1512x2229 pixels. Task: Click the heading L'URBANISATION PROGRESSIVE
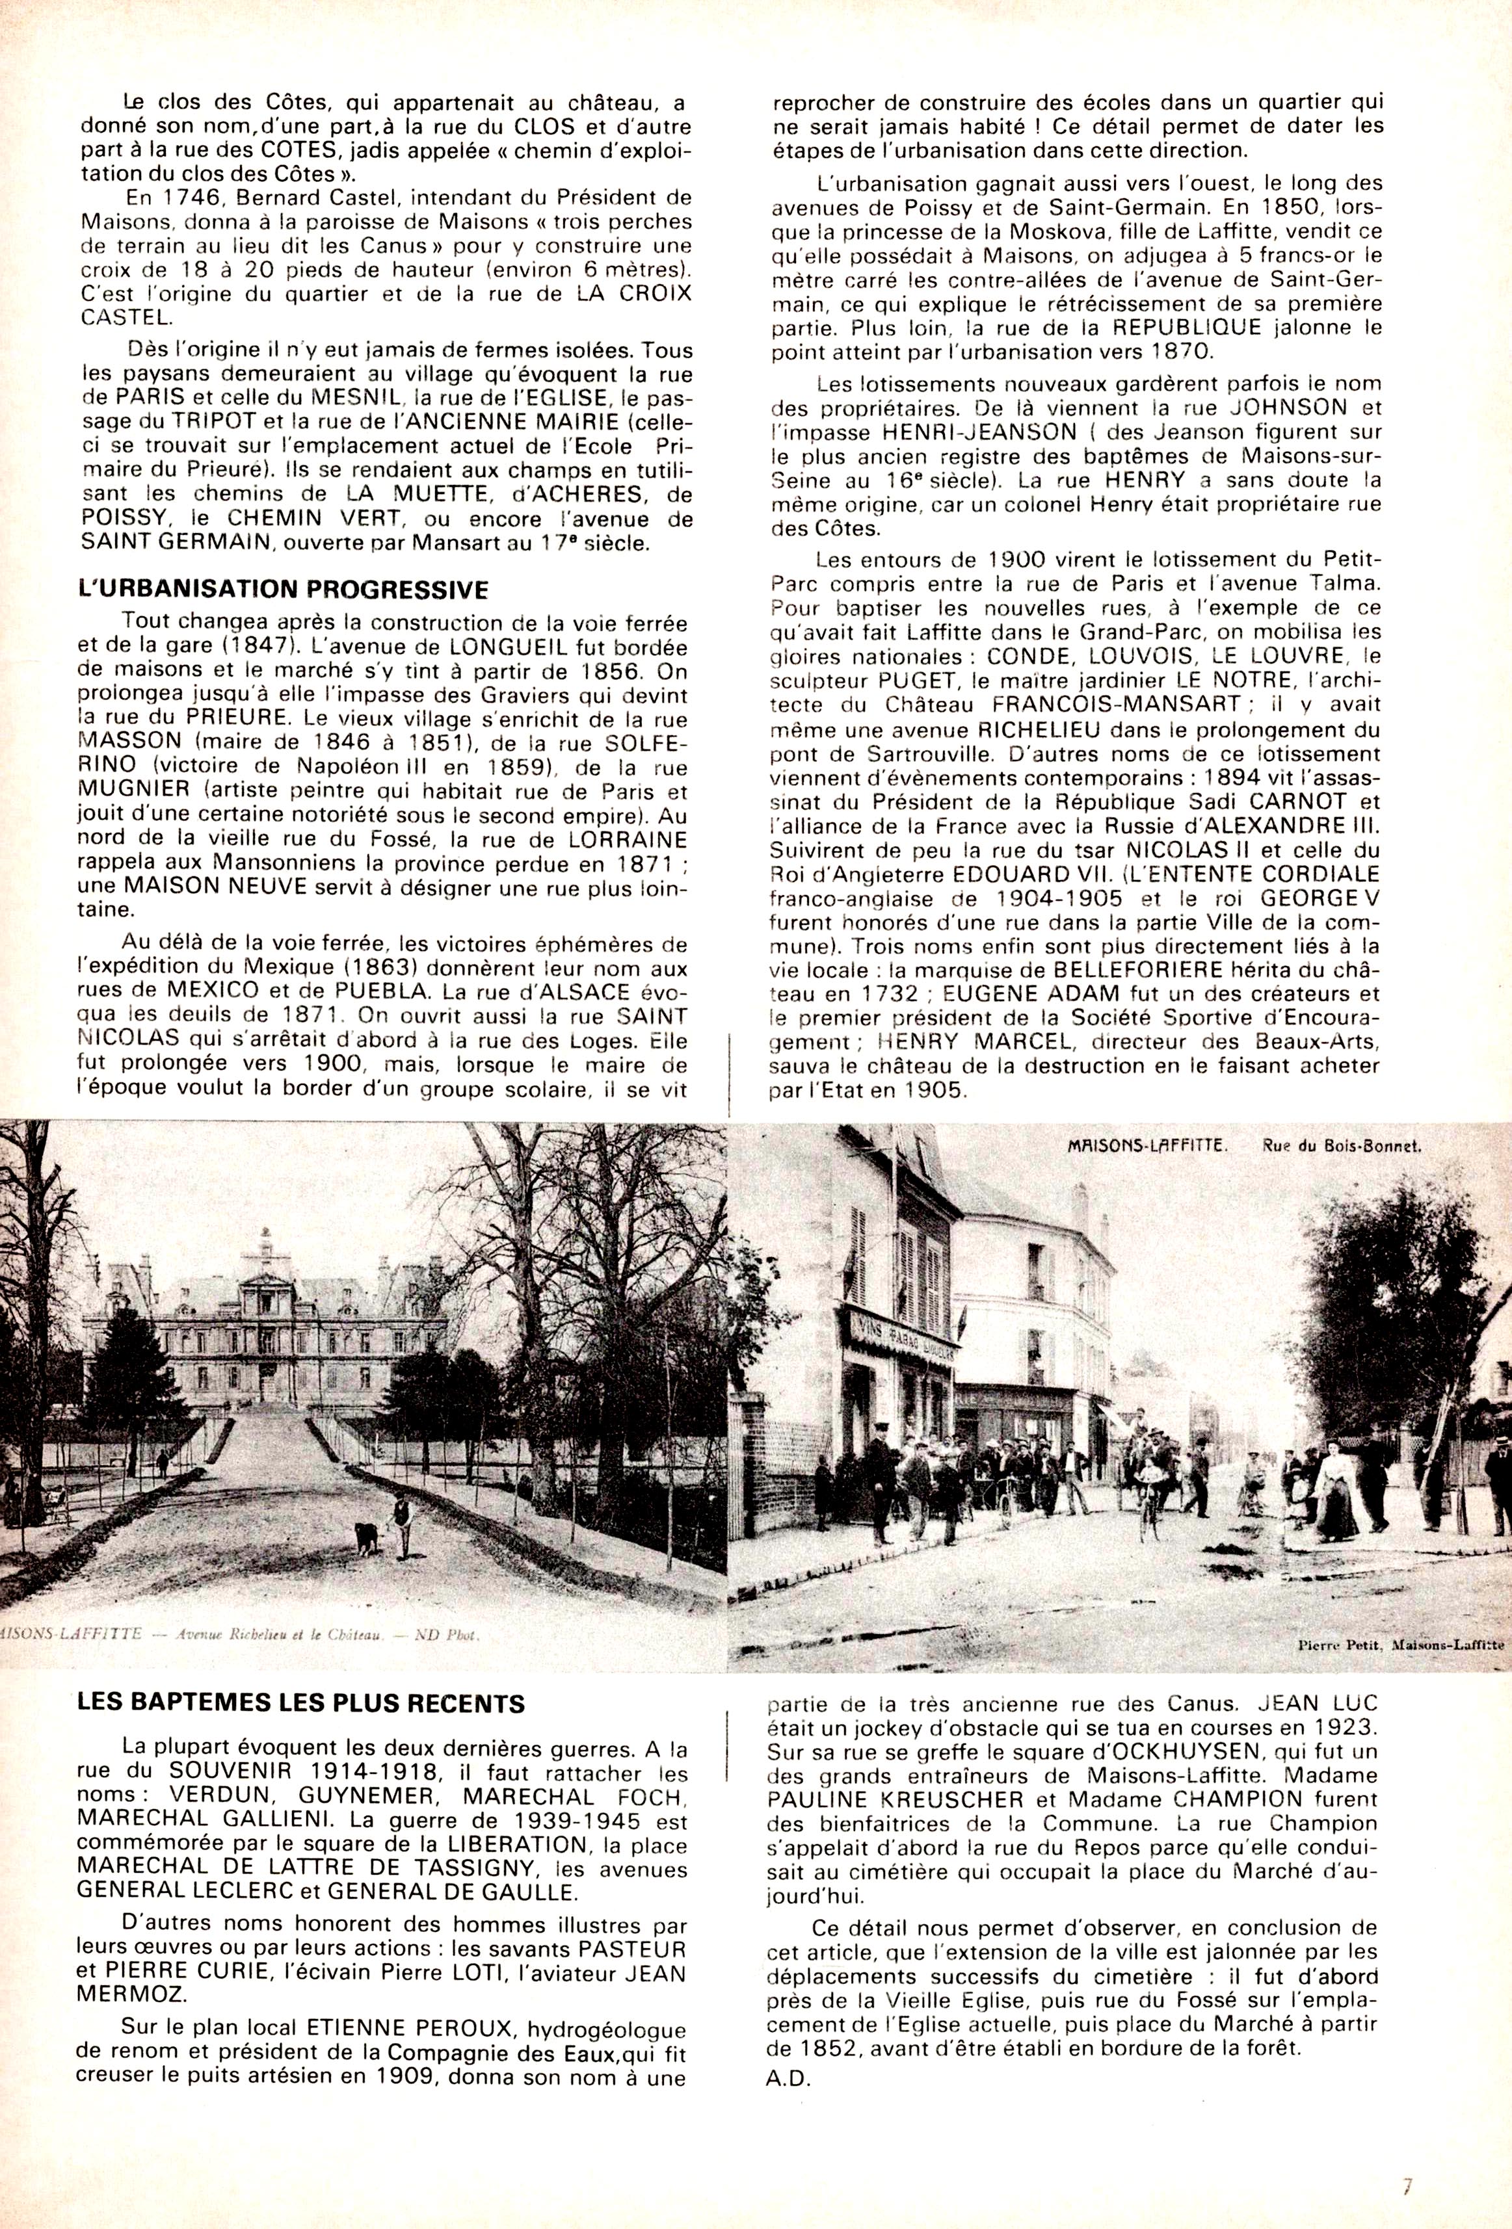coord(283,589)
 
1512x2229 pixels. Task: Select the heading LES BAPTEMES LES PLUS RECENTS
coord(300,1703)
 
